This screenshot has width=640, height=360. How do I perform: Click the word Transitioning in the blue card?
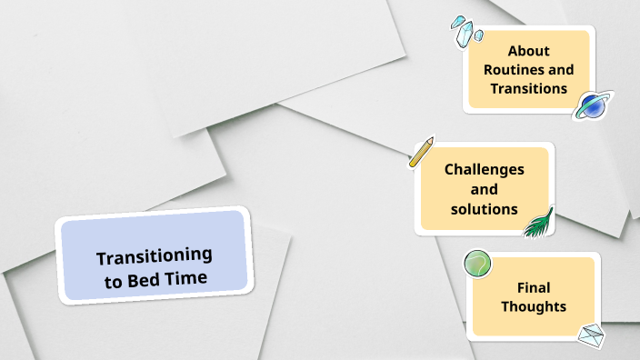point(154,257)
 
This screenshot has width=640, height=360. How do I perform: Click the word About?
point(528,51)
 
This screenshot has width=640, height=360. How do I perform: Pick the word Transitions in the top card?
point(528,89)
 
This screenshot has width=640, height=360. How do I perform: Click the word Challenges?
point(484,169)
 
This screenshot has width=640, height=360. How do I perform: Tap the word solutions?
point(484,209)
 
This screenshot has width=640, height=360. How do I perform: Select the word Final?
point(533,287)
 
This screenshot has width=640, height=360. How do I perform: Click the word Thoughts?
point(533,306)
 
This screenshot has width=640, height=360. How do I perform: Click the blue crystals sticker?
point(467,31)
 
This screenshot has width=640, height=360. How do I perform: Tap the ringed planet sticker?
point(594,105)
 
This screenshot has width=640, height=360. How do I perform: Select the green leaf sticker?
point(539,222)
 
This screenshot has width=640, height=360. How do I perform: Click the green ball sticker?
point(477,264)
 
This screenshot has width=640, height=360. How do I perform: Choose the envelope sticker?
point(592,335)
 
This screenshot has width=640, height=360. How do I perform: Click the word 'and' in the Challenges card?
point(484,189)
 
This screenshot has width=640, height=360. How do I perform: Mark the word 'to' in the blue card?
point(114,280)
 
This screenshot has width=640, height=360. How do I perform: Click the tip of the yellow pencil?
point(411,166)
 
